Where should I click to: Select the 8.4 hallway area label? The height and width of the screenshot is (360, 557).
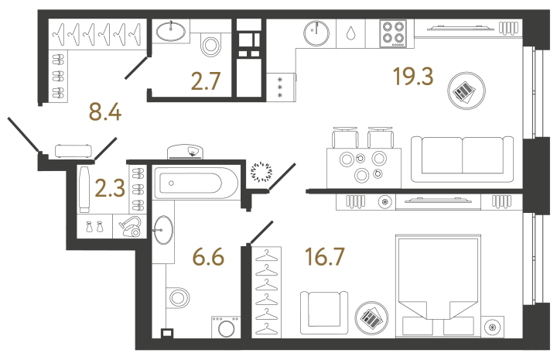point(105,115)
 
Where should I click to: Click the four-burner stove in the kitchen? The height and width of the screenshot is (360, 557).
point(393,34)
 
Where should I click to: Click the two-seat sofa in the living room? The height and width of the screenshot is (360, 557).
point(463,158)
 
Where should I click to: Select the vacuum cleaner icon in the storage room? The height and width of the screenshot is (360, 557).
point(129,227)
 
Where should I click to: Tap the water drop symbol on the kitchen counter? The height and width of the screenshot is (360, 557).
point(350,34)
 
